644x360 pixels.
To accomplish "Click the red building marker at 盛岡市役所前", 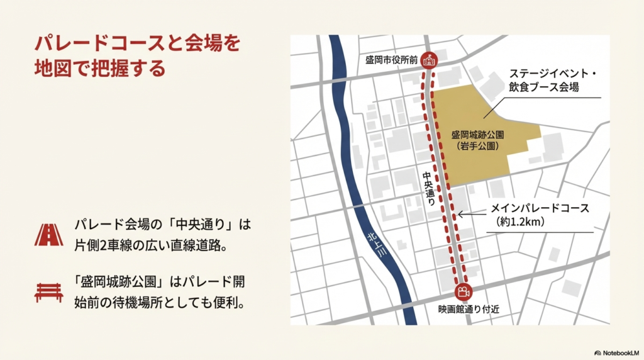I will click(430, 60).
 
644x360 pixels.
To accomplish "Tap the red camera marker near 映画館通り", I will click(463, 292).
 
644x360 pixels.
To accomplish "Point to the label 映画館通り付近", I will click(464, 309).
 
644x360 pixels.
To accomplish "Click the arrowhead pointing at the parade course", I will click(460, 215).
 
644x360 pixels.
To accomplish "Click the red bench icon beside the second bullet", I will click(49, 291).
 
